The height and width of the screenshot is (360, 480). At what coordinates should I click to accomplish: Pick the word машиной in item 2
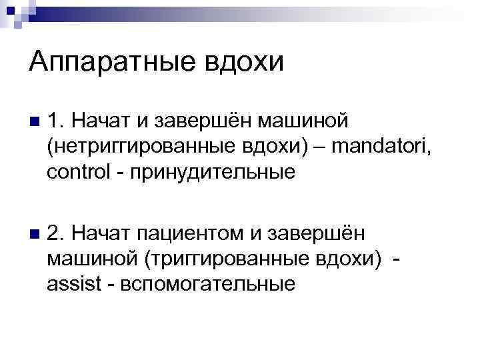pos(87,260)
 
